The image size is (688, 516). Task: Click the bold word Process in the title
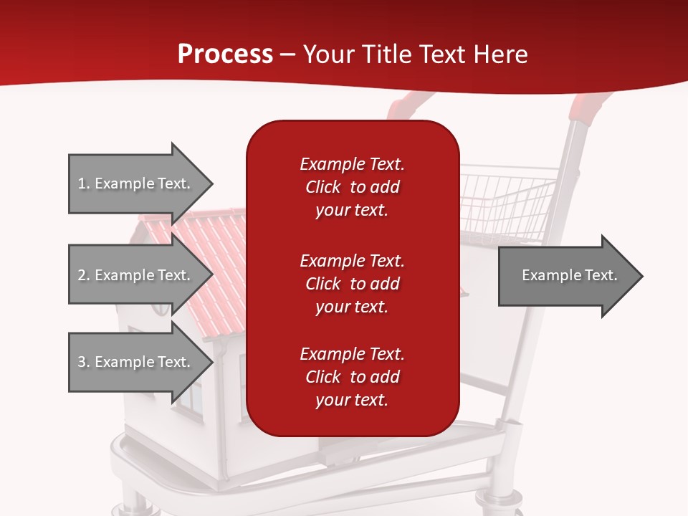pos(225,54)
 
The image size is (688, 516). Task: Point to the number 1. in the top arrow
pos(84,183)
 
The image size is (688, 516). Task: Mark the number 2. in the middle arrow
pos(84,275)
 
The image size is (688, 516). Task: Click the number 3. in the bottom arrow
pos(84,362)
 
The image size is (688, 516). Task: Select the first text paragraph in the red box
pos(352,187)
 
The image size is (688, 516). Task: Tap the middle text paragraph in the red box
pos(352,283)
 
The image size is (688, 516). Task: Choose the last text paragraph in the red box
pos(352,377)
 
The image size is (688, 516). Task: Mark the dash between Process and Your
pos(288,54)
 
